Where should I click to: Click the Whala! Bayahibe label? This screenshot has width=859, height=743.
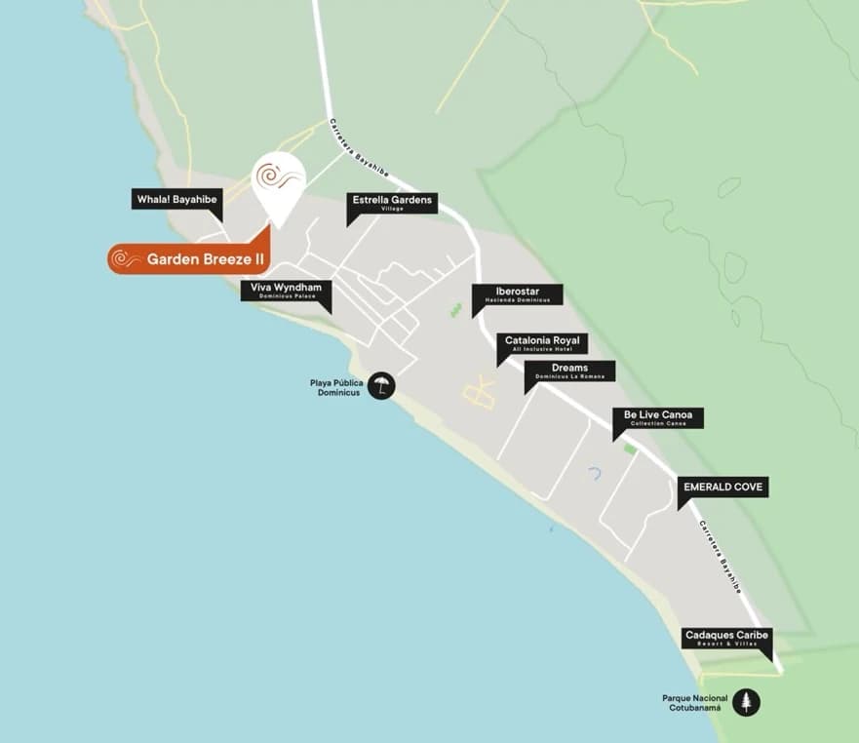177,200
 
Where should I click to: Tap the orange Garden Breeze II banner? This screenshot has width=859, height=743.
190,259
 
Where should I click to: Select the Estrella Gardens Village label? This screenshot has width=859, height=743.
392,203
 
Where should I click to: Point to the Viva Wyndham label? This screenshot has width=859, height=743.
287,291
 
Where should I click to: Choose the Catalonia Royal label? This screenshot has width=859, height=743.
542,343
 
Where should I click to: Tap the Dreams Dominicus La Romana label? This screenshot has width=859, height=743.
569,371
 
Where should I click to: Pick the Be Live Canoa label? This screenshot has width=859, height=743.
658,417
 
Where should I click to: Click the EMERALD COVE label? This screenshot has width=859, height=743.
724,487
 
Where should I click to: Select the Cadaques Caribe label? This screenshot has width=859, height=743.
726,639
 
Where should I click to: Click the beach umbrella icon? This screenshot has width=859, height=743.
381,384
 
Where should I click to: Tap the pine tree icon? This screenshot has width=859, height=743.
746,702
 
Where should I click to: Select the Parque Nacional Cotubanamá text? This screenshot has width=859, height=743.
695,702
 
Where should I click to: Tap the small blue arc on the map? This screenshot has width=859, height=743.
595,473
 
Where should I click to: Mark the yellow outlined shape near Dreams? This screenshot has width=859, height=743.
480,394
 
